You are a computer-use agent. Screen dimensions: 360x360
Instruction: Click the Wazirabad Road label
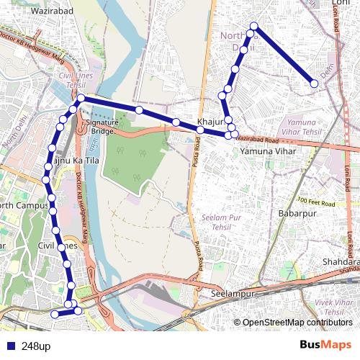tap(257, 138)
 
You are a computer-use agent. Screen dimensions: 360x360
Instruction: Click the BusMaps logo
tap(325, 346)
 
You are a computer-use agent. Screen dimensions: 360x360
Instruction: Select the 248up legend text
tap(36, 346)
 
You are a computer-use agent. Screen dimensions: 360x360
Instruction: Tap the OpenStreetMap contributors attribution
tap(293, 323)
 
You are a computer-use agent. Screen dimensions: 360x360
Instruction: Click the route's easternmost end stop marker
tap(315, 84)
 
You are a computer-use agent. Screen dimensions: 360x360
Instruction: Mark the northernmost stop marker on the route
tap(253, 27)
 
